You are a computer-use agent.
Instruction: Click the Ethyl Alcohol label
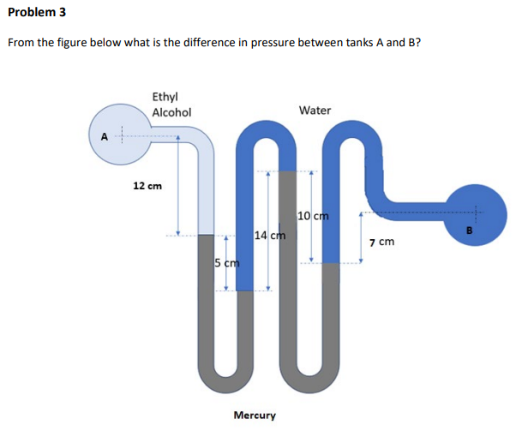(171, 105)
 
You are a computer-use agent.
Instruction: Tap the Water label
(315, 111)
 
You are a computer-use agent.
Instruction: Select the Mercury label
(255, 416)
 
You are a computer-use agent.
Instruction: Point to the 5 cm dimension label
(226, 262)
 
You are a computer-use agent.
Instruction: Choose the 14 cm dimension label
(270, 235)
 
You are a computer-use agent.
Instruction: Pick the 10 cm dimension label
(314, 216)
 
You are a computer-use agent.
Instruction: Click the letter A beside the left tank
(104, 135)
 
